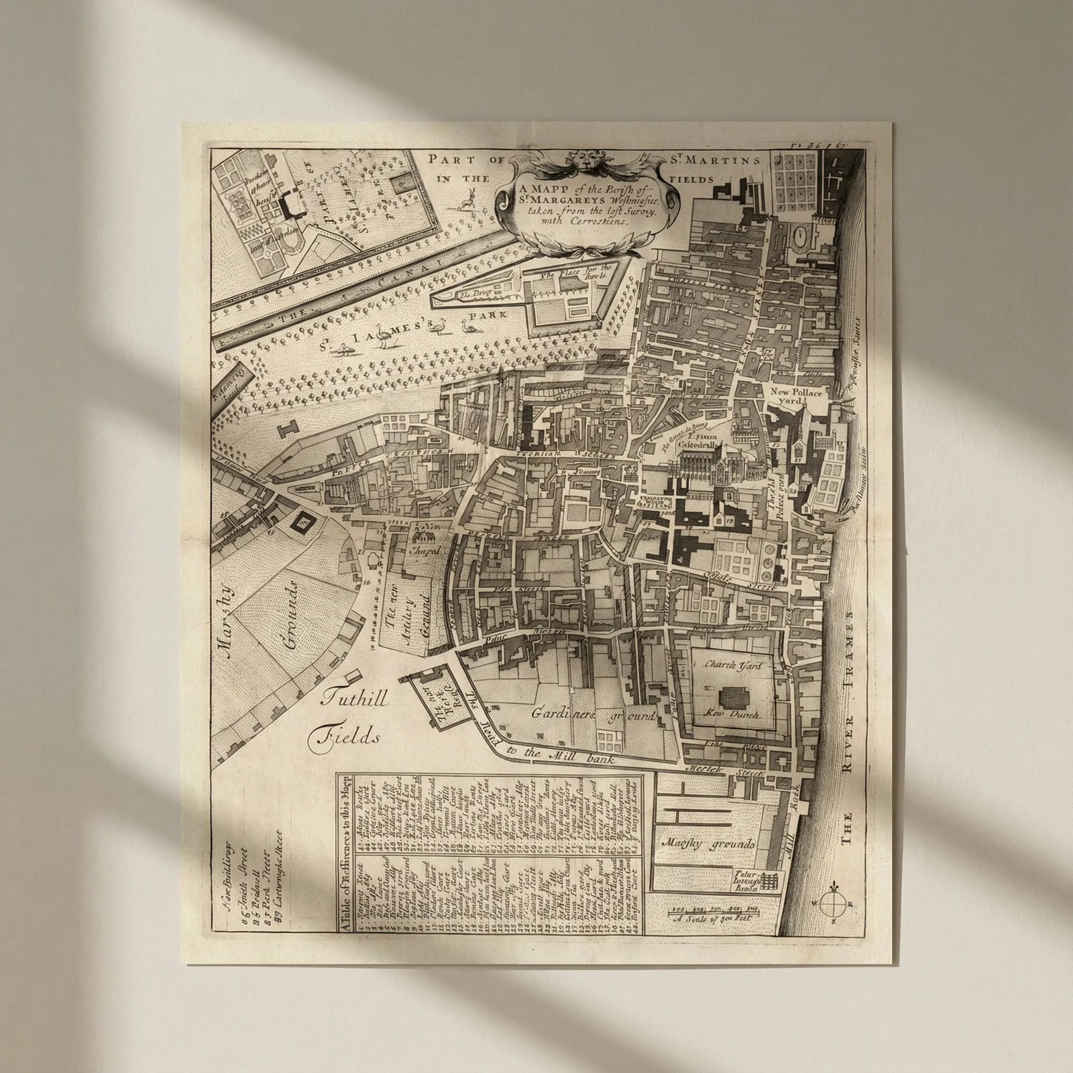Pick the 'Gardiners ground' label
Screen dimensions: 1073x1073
[x=593, y=716]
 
